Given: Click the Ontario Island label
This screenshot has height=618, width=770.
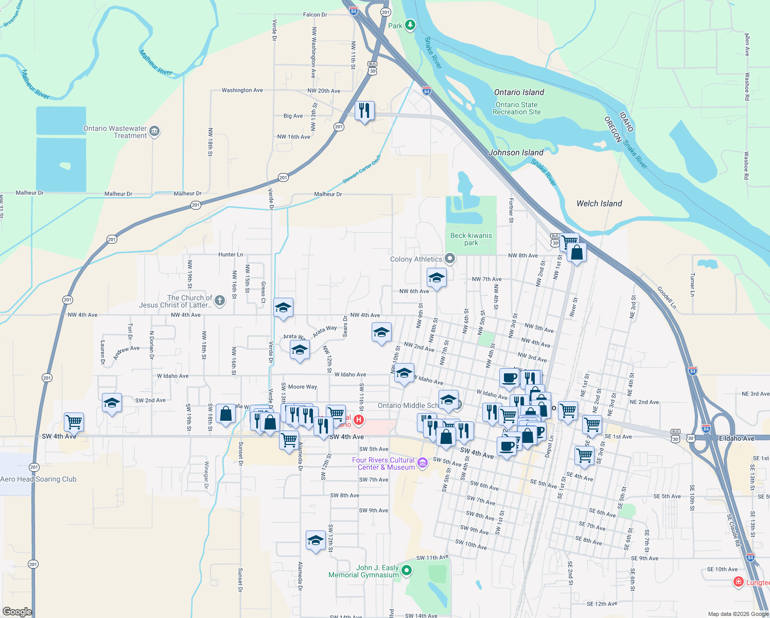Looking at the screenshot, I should click(x=519, y=92).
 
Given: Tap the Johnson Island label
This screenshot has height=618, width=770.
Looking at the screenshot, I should click(x=516, y=152).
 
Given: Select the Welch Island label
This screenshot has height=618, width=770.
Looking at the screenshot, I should click(x=599, y=203).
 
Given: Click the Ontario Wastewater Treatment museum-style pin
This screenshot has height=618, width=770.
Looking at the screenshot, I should click(x=154, y=132).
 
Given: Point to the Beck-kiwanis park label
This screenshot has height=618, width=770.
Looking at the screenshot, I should click(x=471, y=239).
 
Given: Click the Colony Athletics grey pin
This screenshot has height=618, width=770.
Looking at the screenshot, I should click(x=450, y=259).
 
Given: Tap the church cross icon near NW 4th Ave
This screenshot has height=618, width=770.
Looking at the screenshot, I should click(x=220, y=301).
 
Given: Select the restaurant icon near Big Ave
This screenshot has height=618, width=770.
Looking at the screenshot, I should click(x=364, y=111).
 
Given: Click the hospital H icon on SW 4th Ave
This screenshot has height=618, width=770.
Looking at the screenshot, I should click(x=359, y=420).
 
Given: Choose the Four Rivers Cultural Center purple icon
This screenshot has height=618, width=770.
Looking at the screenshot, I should click(x=423, y=463).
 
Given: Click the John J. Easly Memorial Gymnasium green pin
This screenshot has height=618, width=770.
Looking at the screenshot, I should click(x=407, y=570).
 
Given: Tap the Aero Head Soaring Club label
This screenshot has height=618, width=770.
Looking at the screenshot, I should click(x=39, y=479).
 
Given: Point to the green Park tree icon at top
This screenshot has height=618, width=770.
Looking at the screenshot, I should click(x=410, y=25).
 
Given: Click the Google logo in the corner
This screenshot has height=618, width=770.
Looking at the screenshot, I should click(x=17, y=611).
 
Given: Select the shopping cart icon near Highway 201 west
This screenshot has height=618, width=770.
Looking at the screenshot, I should click(x=74, y=422).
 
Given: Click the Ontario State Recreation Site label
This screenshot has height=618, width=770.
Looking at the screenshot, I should click(x=517, y=108).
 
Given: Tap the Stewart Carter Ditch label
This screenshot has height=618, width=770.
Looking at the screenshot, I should click(x=362, y=169).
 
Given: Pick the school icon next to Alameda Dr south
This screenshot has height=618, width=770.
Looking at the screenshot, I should click(x=316, y=540).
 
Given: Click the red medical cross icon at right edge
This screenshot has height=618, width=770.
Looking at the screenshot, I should click(x=738, y=582).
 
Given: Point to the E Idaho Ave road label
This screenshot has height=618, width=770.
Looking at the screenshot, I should click(x=737, y=438).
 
